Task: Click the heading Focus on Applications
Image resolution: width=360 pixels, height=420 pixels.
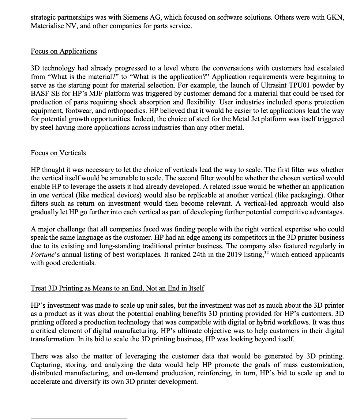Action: tap(64, 51)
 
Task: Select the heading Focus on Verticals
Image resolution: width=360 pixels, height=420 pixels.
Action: tap(58, 153)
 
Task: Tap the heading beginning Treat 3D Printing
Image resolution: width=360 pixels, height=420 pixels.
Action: tap(117, 288)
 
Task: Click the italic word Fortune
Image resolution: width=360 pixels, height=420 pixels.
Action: tap(42, 255)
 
